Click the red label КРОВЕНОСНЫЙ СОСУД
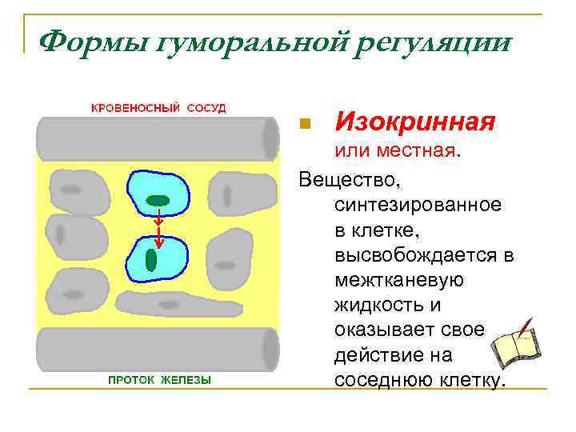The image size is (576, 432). point(158,107)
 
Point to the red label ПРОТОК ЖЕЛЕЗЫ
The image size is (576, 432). point(160,380)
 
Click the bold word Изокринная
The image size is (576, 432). point(415,122)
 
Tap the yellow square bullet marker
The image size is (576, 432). point(303,124)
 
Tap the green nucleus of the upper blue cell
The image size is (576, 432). point(158,200)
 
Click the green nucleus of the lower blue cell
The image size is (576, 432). point(152,259)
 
